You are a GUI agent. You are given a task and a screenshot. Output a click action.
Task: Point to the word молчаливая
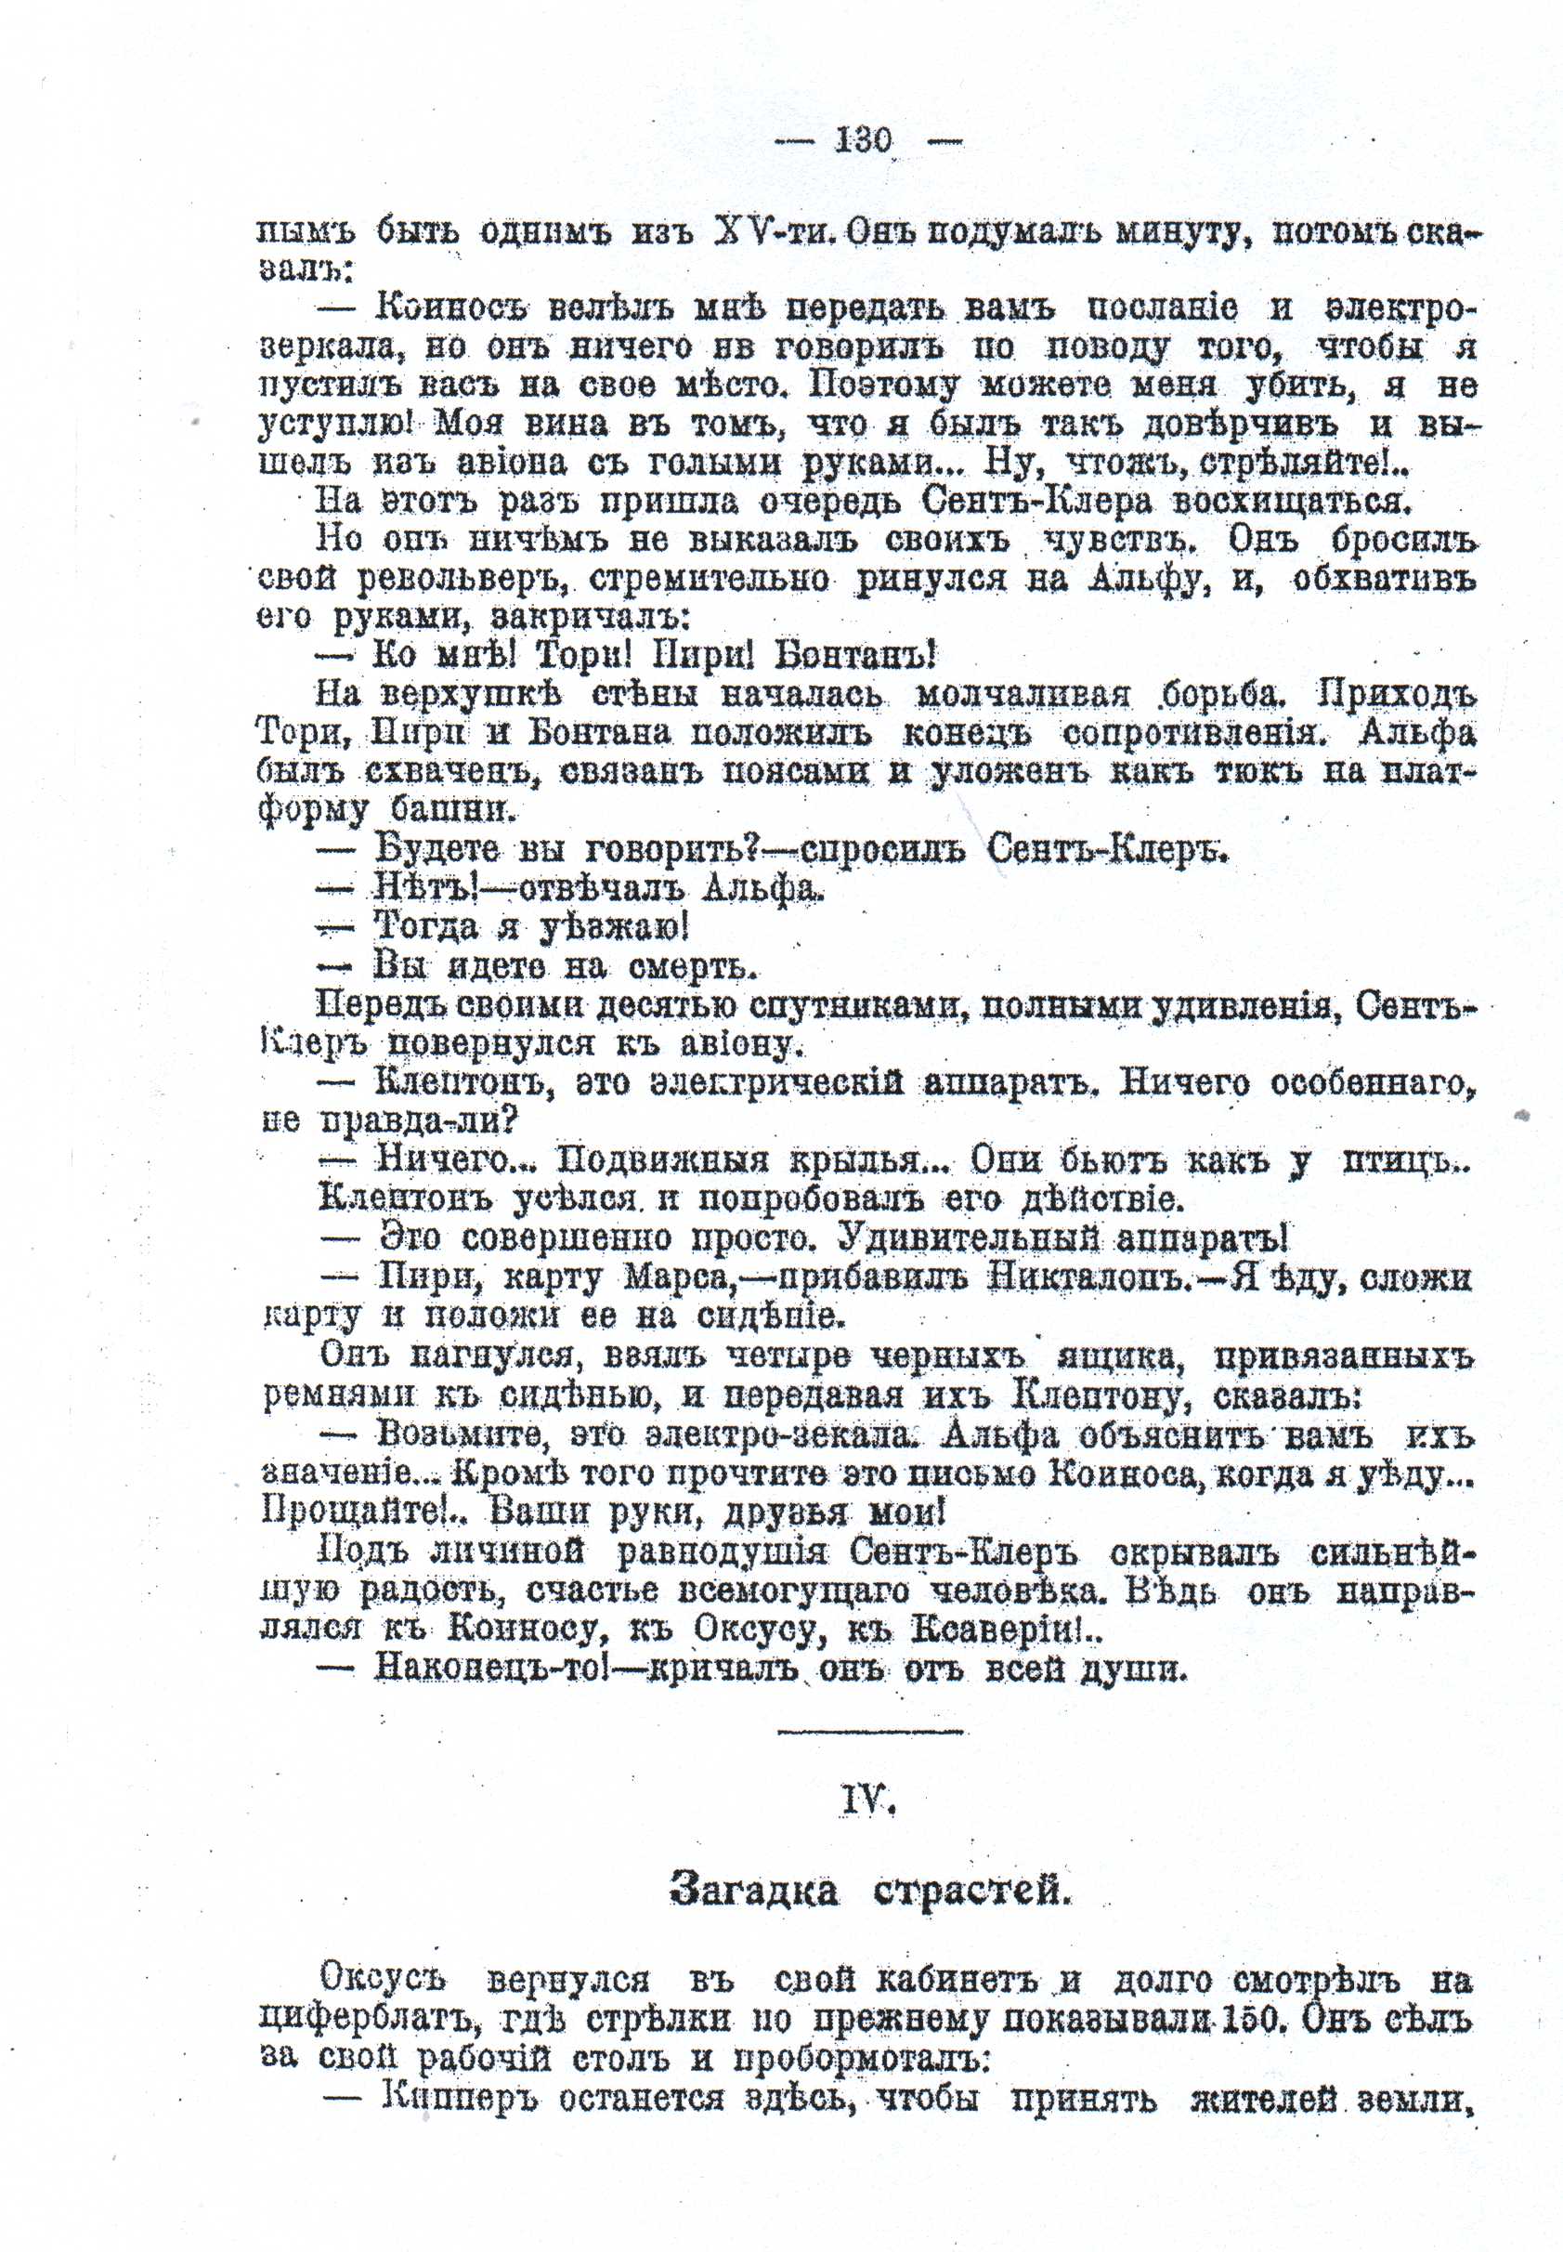pyautogui.click(x=1022, y=695)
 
